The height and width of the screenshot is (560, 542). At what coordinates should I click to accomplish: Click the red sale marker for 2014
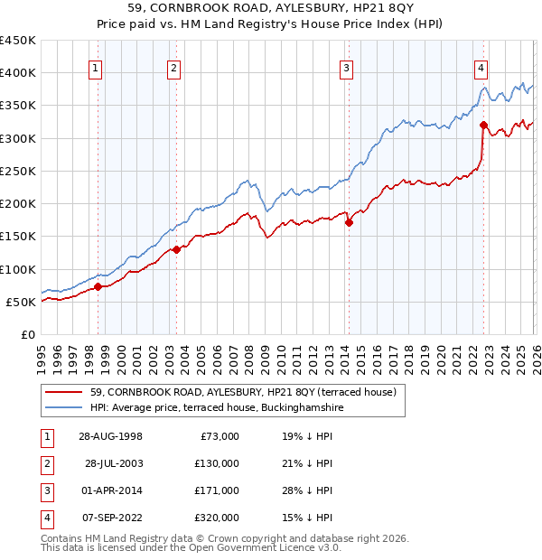(x=349, y=222)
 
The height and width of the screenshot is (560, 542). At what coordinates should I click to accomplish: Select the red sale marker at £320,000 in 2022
(x=483, y=125)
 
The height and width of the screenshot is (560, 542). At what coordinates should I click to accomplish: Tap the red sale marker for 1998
(x=98, y=286)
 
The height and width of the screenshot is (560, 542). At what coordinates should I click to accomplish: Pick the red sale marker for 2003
(x=177, y=249)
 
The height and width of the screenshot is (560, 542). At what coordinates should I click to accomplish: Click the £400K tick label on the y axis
(x=18, y=73)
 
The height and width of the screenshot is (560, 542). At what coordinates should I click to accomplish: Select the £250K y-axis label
(x=18, y=171)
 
